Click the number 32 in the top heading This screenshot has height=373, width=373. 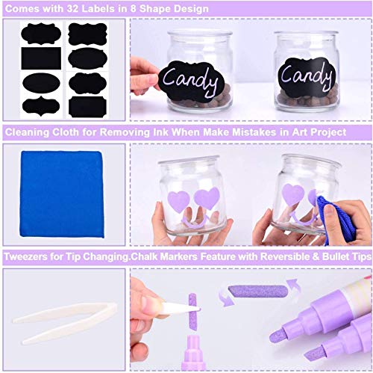coord(72,9)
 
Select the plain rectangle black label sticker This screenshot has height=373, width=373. coord(41,58)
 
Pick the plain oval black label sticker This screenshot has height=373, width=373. coord(41,83)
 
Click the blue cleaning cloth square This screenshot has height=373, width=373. coord(62,194)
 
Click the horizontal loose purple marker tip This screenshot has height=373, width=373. coord(258,291)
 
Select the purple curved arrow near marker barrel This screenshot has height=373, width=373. coord(294,286)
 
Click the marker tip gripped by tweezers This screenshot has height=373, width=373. coord(193,312)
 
